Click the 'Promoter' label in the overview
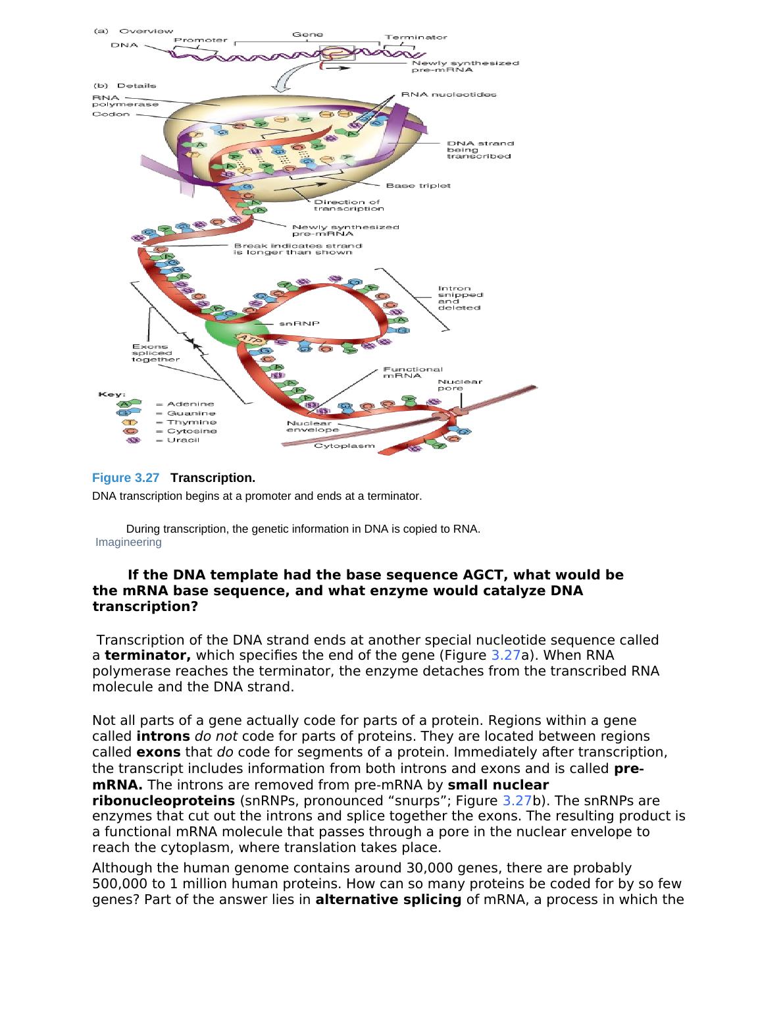pos(201,40)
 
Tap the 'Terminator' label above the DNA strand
pos(415,38)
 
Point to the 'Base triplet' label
pos(418,186)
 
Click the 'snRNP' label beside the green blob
pos(295,324)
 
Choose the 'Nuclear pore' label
pos(460,385)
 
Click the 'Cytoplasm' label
pos(344,446)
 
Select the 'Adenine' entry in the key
pos(190,404)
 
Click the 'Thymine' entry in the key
pos(191,422)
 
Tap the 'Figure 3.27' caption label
pos(126,477)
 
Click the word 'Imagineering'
pos(128,542)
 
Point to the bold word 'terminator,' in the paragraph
pos(148,655)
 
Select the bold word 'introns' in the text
pos(163,736)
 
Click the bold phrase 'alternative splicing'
pos(388,899)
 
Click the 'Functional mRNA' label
pos(413,373)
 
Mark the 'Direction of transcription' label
pos(348,205)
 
